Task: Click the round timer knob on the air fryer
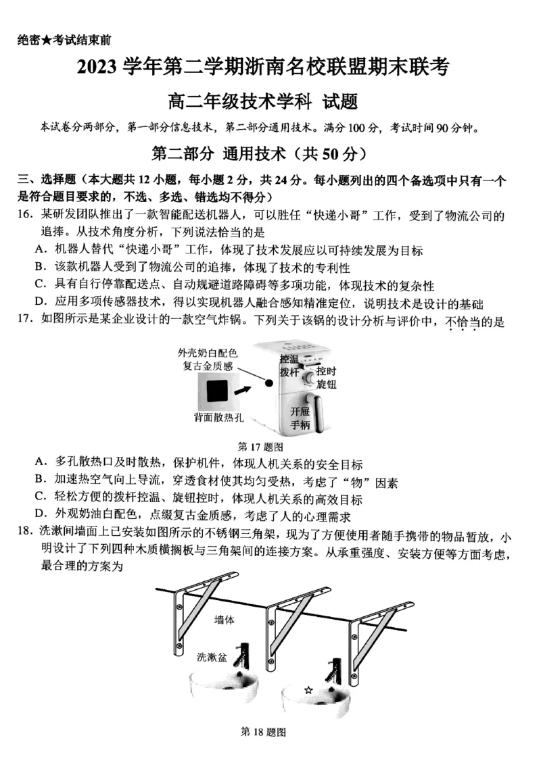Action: coord(309,376)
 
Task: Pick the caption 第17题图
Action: coord(260,447)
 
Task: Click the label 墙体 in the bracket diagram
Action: coord(225,620)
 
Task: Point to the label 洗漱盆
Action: coord(212,656)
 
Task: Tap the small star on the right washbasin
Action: coord(308,690)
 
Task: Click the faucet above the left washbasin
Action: coord(243,657)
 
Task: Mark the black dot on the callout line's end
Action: coord(269,382)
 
